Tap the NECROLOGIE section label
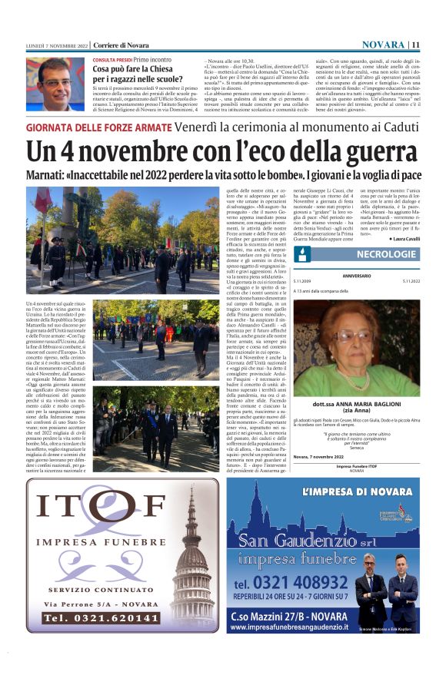(386, 253)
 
